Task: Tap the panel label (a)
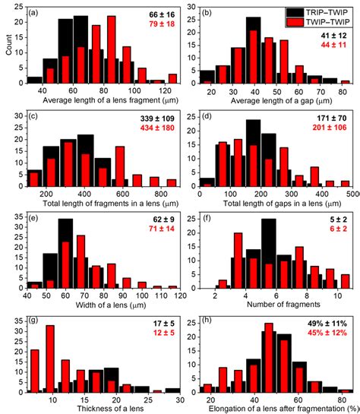(35, 13)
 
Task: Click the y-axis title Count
(7, 47)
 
